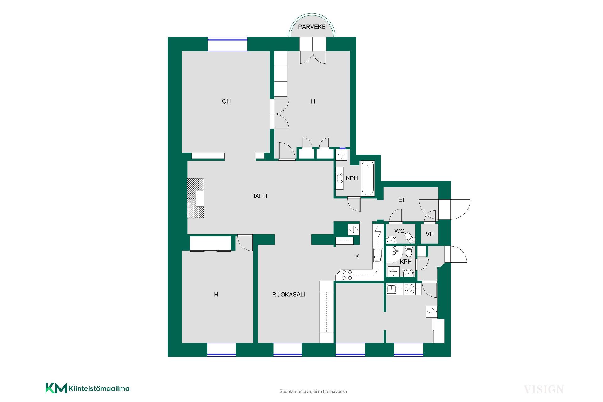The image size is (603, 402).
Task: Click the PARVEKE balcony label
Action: click(x=312, y=27)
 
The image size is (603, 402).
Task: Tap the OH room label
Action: click(x=226, y=101)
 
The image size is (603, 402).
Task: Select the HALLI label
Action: click(x=259, y=196)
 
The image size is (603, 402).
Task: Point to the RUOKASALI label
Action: click(x=289, y=295)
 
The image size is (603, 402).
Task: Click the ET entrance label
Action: click(x=402, y=200)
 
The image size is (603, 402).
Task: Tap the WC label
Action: click(x=399, y=231)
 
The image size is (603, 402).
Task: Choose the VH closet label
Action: click(x=430, y=234)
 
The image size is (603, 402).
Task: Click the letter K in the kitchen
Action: click(x=357, y=256)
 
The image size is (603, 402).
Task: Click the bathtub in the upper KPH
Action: click(x=368, y=178)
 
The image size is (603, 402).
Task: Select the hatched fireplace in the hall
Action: click(x=196, y=198)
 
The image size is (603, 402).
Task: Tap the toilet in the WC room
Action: click(x=409, y=237)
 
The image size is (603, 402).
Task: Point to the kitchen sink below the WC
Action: click(x=378, y=255)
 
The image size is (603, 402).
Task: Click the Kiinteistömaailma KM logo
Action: click(x=87, y=388)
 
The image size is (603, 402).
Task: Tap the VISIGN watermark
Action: click(x=544, y=390)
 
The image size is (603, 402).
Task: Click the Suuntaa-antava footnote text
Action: click(x=313, y=392)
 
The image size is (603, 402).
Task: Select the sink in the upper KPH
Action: click(x=340, y=178)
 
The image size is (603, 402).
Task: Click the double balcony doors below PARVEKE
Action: click(x=313, y=51)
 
